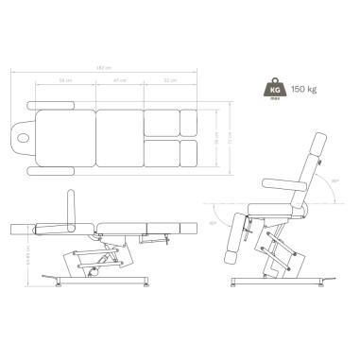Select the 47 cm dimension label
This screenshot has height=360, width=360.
(x=119, y=82)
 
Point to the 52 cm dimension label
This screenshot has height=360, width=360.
(x=169, y=82)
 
